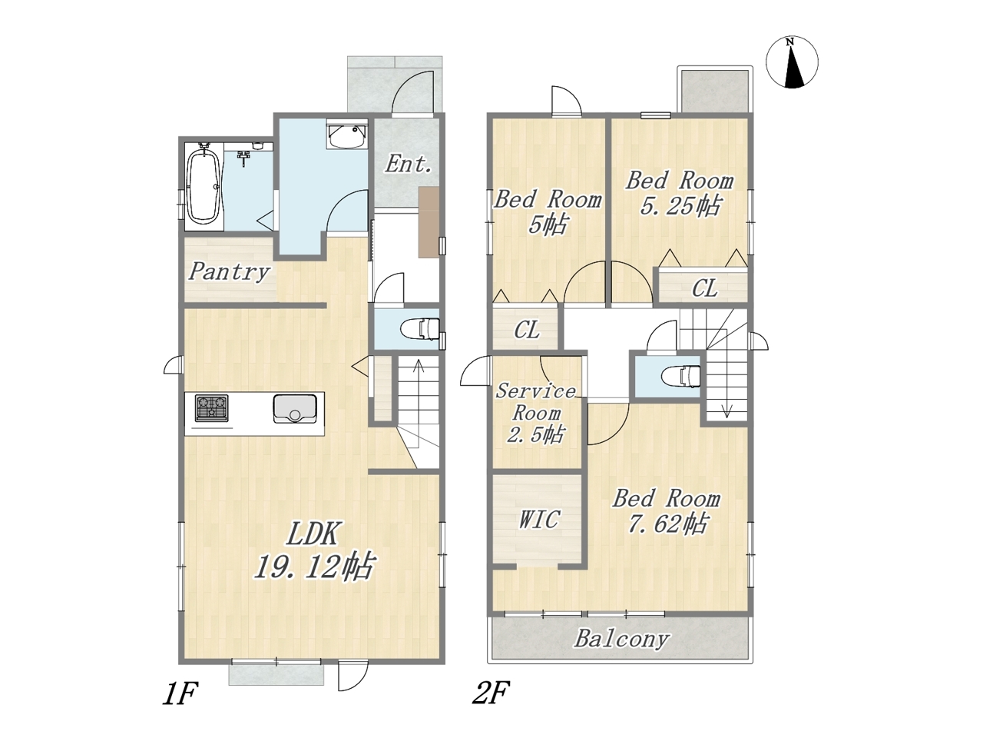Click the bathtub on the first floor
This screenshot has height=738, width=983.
pos(204,186)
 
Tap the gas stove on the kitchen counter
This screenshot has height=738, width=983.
pos(211,407)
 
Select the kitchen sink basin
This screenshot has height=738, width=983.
pos(295,408)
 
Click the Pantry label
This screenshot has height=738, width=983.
pos(229,272)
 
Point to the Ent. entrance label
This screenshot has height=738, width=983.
pos(409,164)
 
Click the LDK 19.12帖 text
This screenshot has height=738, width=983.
pos(313,550)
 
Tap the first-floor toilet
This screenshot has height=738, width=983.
pos(419,329)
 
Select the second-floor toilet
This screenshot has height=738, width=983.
pos(682,376)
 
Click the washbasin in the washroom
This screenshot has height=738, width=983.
pos(348,135)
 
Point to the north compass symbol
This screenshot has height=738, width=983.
pos(792,62)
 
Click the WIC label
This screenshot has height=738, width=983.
pos(539,520)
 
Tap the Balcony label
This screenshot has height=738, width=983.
pos(621,639)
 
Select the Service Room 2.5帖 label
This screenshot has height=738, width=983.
pos(535,414)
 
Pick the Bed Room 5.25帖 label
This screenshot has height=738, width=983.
pos(680,194)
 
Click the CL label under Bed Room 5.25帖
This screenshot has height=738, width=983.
pos(704,289)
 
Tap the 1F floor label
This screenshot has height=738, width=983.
pos(180,706)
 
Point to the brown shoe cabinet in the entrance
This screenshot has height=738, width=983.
pos(429,222)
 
